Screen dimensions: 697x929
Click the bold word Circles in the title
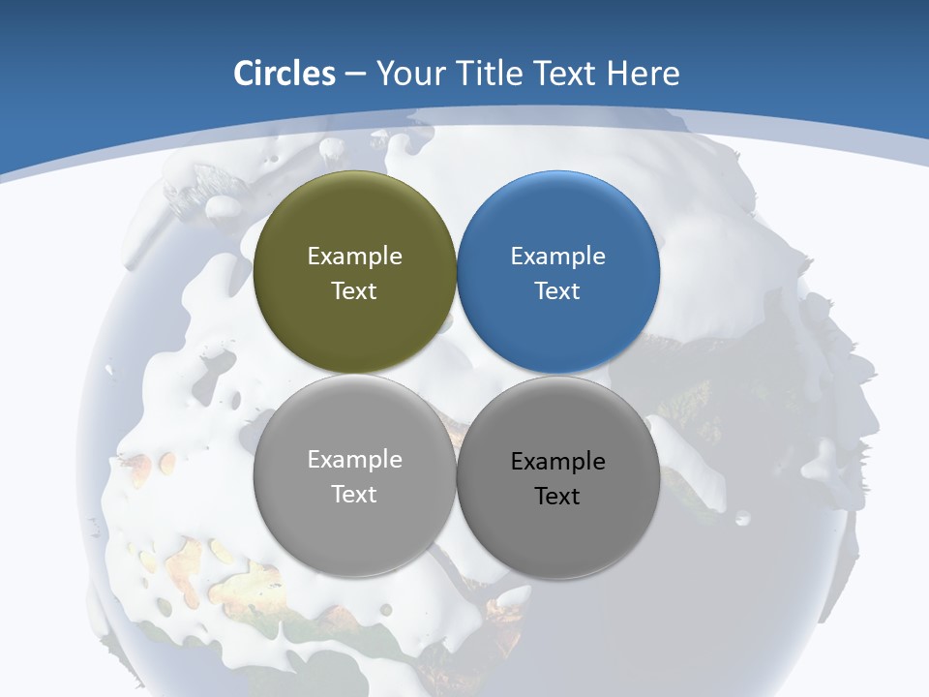coord(285,74)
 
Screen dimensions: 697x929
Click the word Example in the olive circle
coord(354,257)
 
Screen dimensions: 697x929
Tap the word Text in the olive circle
coord(354,291)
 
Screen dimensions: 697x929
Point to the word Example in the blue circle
coord(558,257)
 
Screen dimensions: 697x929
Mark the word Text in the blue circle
coord(558,291)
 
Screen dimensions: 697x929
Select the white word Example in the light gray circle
coord(354,460)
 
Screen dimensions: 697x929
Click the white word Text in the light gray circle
coord(354,495)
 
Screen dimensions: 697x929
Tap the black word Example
coord(558,462)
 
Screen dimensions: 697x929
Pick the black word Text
coord(558,497)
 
